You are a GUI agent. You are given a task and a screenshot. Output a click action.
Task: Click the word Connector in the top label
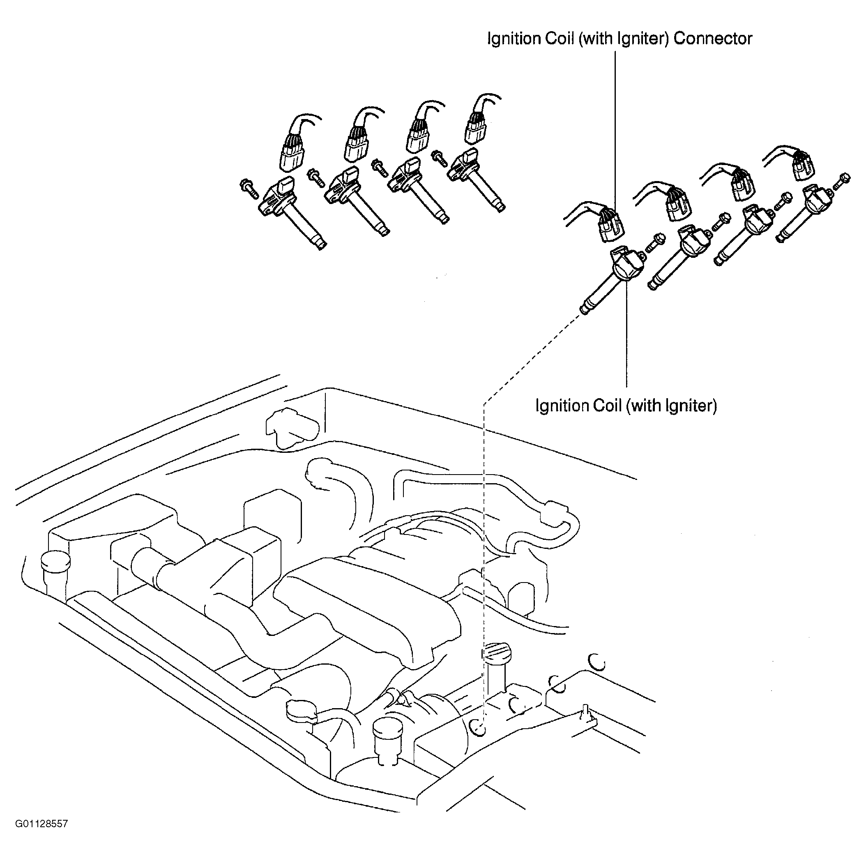pos(712,39)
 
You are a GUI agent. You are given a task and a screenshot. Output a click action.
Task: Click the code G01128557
pos(41,837)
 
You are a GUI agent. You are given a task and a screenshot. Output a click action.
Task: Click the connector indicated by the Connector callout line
pos(610,226)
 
